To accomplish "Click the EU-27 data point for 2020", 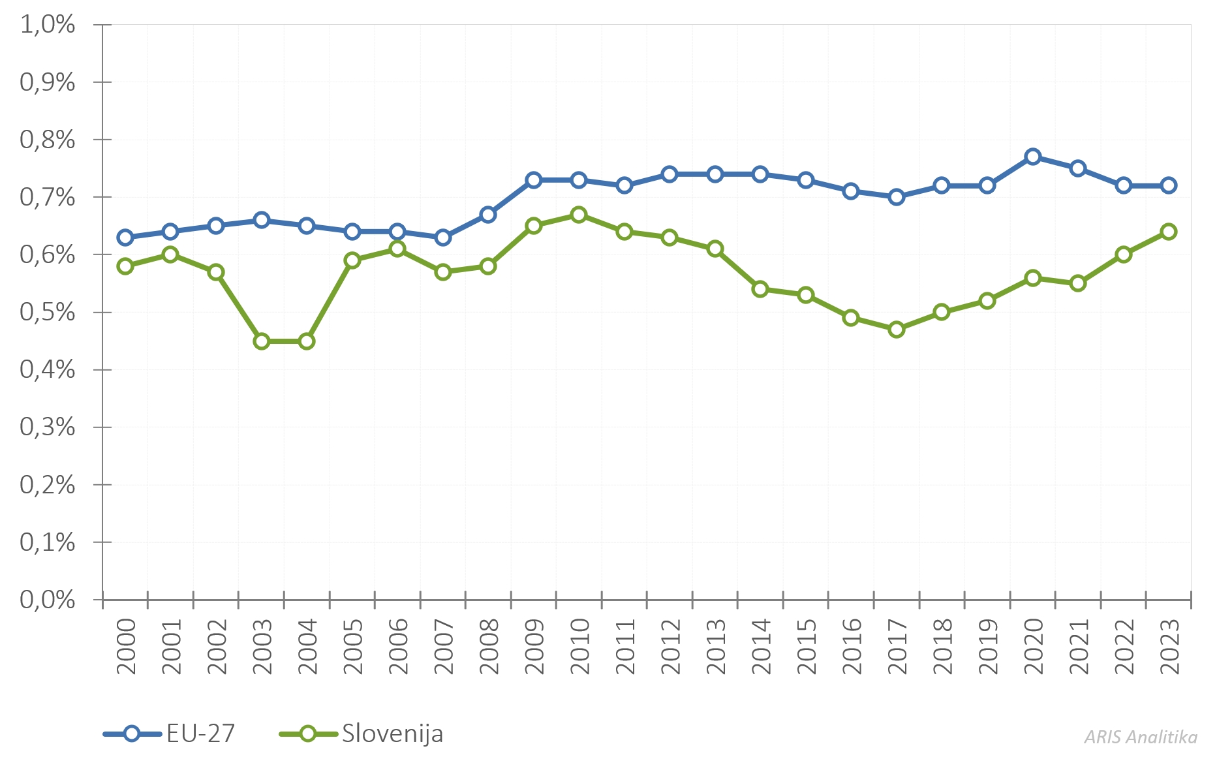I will click(x=1032, y=157).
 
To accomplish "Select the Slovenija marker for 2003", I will click(x=262, y=341).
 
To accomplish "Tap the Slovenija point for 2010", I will click(x=579, y=215).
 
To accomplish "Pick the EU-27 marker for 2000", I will click(x=125, y=238).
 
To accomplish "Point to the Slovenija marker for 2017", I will click(x=897, y=330).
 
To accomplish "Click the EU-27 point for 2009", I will click(x=534, y=180).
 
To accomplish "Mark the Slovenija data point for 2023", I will click(x=1169, y=232).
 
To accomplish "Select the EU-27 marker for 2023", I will click(x=1169, y=185).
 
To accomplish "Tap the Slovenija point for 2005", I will click(x=352, y=260).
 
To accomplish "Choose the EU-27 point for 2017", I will click(x=897, y=197).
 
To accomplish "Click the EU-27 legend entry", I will click(x=170, y=734).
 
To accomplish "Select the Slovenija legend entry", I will click(x=362, y=734).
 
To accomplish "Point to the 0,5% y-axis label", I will click(x=48, y=312).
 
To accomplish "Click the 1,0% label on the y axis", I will click(x=48, y=25).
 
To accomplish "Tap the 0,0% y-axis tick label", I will click(x=48, y=599).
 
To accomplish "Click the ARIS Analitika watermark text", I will click(x=1141, y=737).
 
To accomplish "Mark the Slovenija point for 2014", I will click(x=760, y=289).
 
